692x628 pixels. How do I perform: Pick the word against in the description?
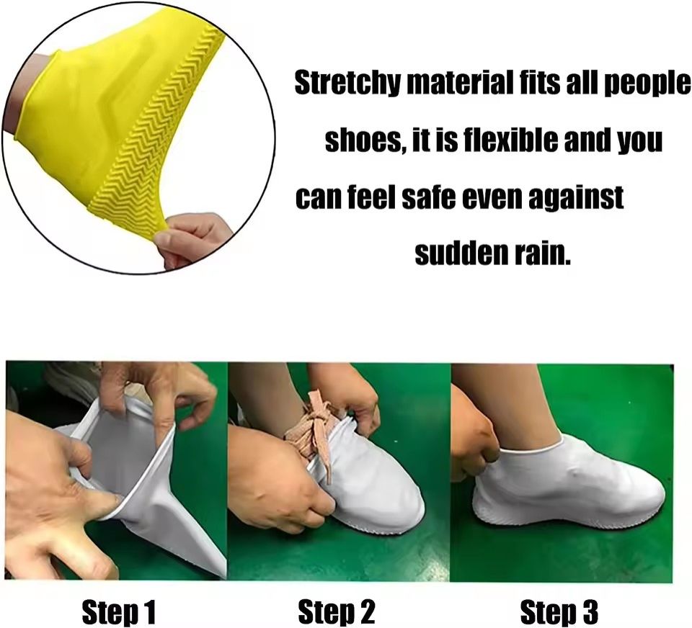click(577, 197)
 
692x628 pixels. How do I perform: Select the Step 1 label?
click(118, 612)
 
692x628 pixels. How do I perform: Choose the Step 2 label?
click(337, 612)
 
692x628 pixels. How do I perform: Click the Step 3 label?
click(559, 612)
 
